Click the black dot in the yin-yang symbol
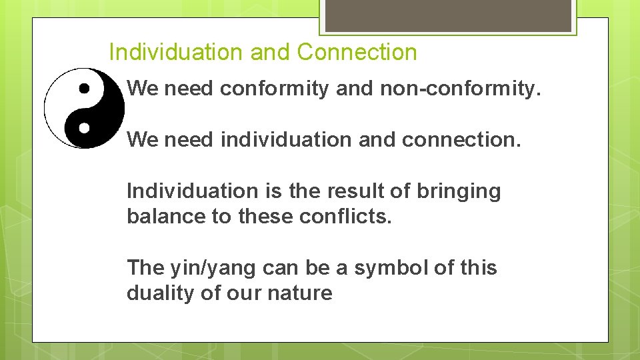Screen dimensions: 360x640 coord(84,88)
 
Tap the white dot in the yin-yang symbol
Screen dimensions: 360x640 coord(84,126)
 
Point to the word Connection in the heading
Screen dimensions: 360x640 coord(357,52)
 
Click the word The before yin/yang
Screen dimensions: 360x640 coord(145,267)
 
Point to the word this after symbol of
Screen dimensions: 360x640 coord(479,267)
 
